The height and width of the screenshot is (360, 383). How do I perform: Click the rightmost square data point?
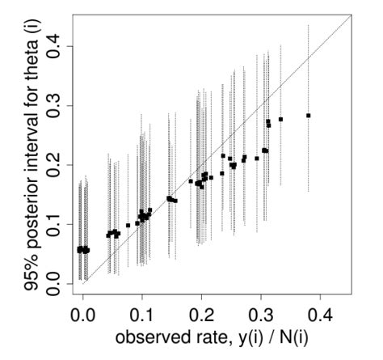click(308, 116)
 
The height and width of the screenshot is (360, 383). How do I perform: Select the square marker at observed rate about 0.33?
click(280, 120)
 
